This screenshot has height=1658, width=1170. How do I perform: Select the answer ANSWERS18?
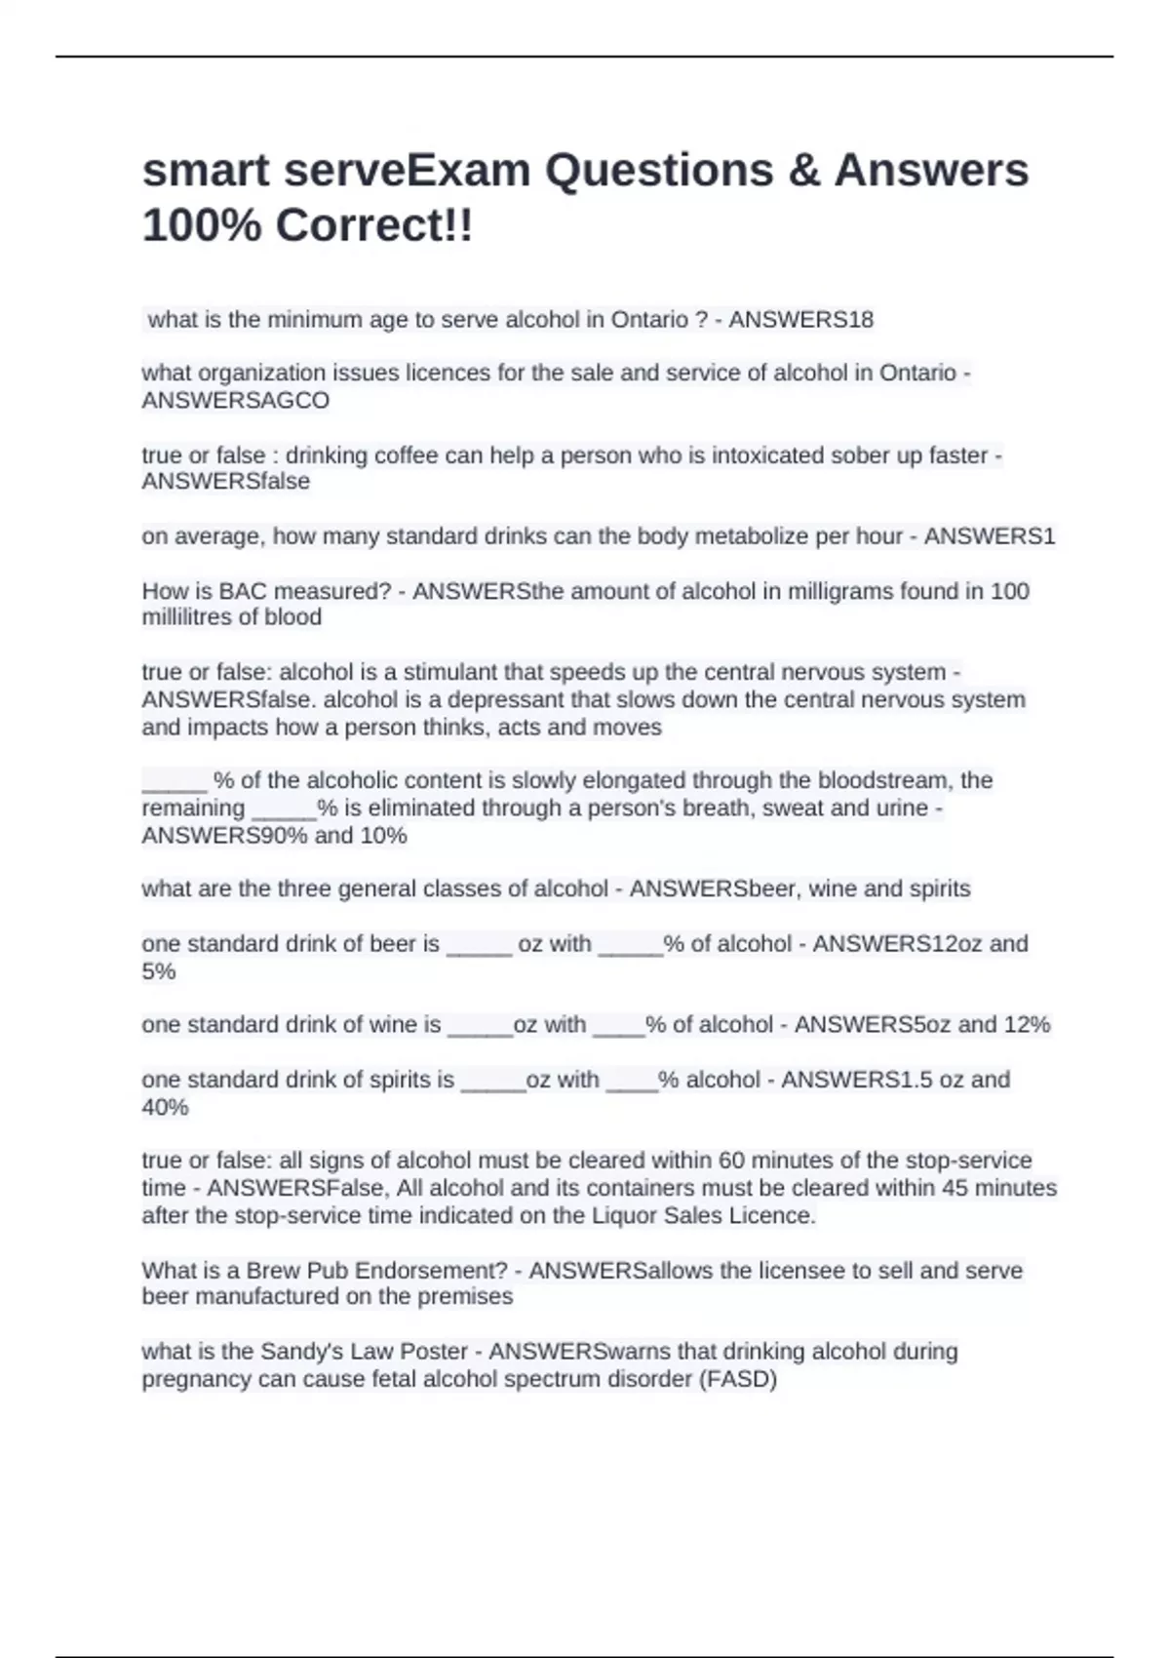800,320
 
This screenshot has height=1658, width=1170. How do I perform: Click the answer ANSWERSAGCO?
235,401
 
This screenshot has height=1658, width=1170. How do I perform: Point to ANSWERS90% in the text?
224,836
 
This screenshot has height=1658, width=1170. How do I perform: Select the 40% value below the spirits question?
165,1107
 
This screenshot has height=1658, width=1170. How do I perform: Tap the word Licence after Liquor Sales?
775,1216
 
